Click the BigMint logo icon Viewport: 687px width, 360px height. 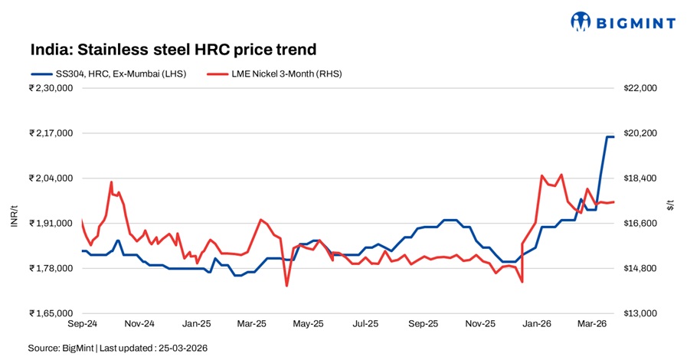click(x=582, y=21)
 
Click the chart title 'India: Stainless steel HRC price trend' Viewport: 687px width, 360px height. click(x=173, y=50)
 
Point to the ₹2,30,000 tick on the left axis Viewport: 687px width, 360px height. click(x=51, y=88)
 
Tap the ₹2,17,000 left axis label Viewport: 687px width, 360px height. click(x=51, y=133)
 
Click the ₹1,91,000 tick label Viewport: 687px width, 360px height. click(x=51, y=224)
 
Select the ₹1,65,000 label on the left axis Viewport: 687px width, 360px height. click(x=51, y=313)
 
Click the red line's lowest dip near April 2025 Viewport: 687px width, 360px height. click(x=286, y=286)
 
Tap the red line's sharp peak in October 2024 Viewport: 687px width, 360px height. click(x=111, y=182)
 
